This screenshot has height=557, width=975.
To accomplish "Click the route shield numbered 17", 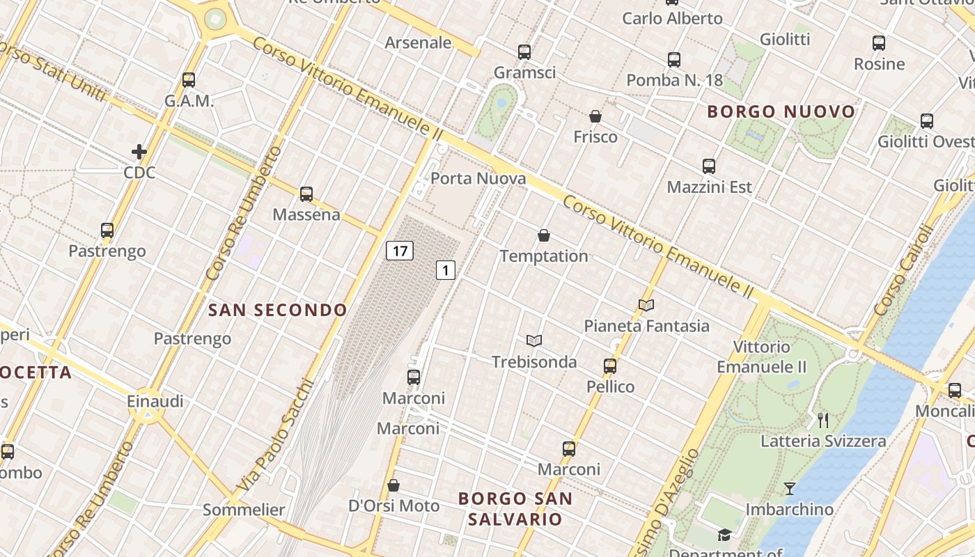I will click(400, 251).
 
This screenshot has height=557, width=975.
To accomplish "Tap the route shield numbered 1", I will click(446, 270).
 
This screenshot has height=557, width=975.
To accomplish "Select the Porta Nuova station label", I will click(478, 179).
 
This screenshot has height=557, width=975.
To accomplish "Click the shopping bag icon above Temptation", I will click(544, 236).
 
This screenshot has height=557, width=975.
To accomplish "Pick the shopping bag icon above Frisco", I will click(595, 116).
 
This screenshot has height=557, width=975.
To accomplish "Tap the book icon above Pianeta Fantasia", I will click(646, 305).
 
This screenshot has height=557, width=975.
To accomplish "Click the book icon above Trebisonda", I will click(534, 340).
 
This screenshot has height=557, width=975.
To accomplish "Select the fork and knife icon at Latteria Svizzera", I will click(823, 420).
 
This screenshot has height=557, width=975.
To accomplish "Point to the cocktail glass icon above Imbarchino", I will click(789, 489).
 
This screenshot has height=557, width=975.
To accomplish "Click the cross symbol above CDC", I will click(139, 151).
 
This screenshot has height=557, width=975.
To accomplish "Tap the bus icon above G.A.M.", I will click(189, 79).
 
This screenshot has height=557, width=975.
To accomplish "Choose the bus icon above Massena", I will click(306, 194).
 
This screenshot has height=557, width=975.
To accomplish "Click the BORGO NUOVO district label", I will click(781, 111).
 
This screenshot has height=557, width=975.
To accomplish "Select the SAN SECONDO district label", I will click(277, 311).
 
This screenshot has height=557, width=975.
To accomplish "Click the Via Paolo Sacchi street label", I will click(276, 436).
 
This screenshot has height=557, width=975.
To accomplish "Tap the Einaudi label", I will click(155, 401).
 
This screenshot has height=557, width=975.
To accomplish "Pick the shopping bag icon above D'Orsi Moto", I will click(393, 485).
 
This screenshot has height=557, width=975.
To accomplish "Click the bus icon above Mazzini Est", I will click(709, 166).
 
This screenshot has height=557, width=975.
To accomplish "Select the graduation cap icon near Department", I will click(725, 535).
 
